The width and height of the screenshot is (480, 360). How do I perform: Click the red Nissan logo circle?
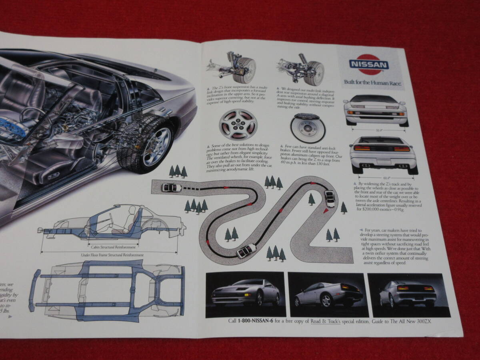(x=369, y=64)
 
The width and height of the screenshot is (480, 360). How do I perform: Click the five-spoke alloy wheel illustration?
(x=238, y=124)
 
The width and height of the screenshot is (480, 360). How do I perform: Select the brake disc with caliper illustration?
(x=308, y=128)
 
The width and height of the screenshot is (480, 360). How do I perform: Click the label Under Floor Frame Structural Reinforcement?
(x=113, y=254)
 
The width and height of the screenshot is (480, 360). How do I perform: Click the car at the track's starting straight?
(x=171, y=187)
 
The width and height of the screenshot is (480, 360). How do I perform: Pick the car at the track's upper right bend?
(x=329, y=198)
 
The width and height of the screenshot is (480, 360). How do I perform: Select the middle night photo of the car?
(x=328, y=295)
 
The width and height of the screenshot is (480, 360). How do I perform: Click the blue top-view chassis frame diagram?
(x=108, y=290)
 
